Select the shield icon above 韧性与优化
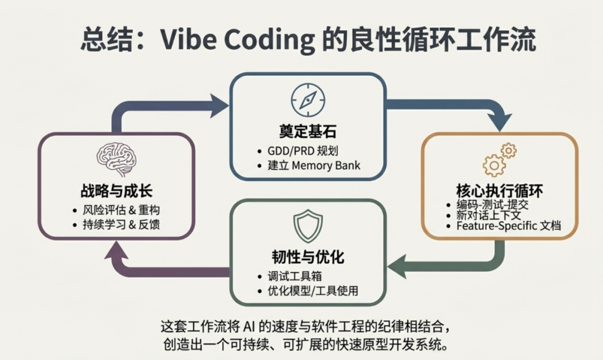[308, 226]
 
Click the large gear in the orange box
[494, 165]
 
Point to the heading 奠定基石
[308, 132]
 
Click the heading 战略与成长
[116, 190]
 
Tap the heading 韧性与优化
[308, 257]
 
